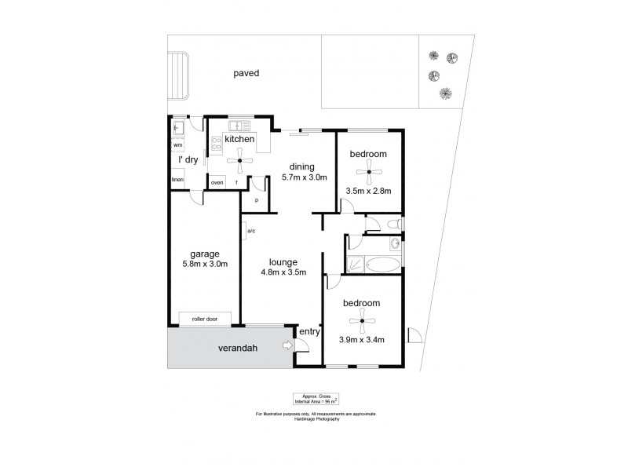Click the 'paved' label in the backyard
tap(246, 73)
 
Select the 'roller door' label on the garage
tap(205, 319)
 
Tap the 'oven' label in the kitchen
tap(217, 183)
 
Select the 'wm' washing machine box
tap(177, 144)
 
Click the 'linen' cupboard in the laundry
tap(177, 181)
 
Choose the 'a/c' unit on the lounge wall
tap(250, 231)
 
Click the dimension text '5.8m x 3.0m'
tap(204, 264)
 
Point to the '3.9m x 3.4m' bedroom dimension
tap(361, 340)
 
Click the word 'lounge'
tap(282, 262)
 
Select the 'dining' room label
tap(301, 166)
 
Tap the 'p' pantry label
tap(256, 200)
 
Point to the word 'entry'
tap(309, 331)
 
